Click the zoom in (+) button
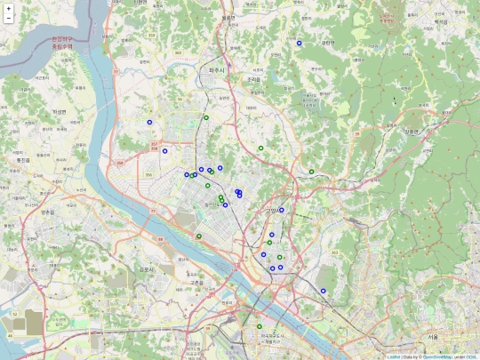tap(8, 8)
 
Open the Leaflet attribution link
tap(393, 356)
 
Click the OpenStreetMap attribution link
tap(438, 356)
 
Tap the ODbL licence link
tap(472, 356)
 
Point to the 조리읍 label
tap(255, 79)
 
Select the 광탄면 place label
tap(328, 42)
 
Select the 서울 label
tap(433, 337)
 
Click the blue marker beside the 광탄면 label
tap(300, 43)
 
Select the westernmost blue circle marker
tap(150, 123)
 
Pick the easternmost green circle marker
tap(312, 171)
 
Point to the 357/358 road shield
tap(156, 146)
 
